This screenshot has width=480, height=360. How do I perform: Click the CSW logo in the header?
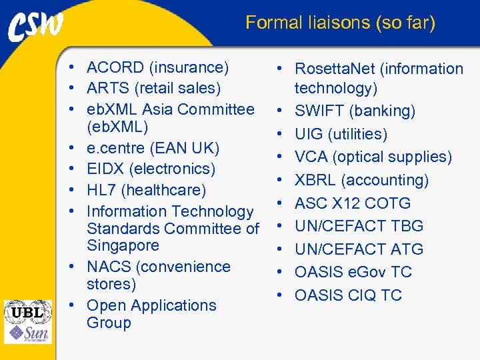(36, 26)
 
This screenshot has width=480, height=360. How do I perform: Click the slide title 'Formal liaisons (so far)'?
(340, 23)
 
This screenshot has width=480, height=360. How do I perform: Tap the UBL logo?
(27, 311)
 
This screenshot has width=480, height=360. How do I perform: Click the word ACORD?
(115, 67)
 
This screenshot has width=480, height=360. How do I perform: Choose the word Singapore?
(123, 245)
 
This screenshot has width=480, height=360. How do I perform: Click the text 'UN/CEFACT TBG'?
(359, 226)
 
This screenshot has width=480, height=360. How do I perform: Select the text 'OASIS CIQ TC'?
(348, 295)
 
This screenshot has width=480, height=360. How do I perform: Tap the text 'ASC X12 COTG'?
(353, 203)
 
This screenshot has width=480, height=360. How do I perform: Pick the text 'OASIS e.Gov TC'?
(353, 272)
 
